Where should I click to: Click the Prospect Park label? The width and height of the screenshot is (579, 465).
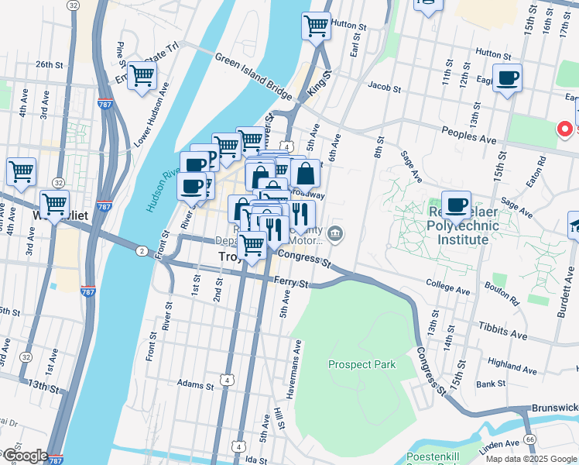(x=361, y=364)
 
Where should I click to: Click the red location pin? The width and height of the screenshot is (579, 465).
(x=565, y=128)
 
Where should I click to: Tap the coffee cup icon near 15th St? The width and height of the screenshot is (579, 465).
(x=507, y=77)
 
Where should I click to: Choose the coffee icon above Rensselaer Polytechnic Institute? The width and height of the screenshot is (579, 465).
(x=456, y=205)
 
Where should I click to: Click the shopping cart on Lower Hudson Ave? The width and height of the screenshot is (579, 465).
(x=142, y=76)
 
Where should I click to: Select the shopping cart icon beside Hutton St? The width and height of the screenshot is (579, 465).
(x=316, y=26)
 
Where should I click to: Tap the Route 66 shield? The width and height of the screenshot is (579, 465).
(x=530, y=439)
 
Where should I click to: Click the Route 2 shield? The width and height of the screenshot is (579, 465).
(x=142, y=250)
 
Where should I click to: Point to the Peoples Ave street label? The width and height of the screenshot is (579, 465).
(x=468, y=132)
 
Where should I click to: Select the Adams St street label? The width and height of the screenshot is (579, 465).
(x=194, y=384)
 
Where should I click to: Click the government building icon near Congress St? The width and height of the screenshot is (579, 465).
(x=335, y=232)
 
